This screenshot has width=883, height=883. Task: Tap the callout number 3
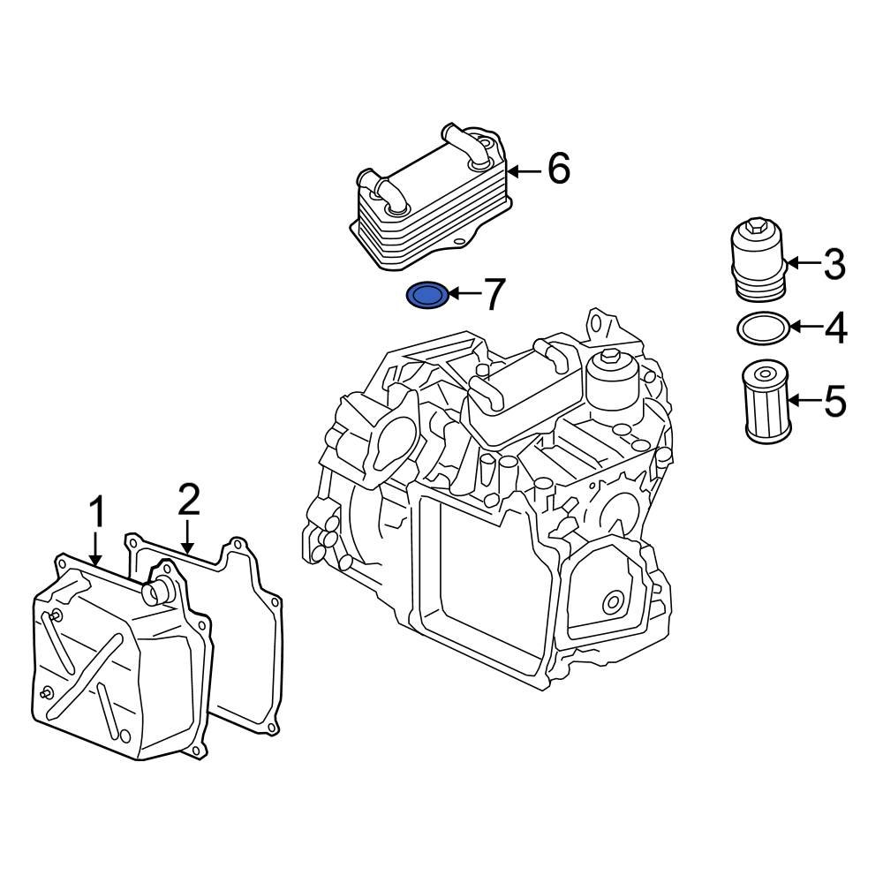click(x=834, y=264)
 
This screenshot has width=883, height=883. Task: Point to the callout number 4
click(x=835, y=328)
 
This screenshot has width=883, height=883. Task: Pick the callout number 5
click(x=834, y=402)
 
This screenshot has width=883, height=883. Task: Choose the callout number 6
click(x=558, y=170)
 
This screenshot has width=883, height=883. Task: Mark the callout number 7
click(x=492, y=294)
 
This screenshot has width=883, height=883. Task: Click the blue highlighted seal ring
click(x=427, y=296)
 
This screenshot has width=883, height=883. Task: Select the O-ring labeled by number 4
click(x=762, y=328)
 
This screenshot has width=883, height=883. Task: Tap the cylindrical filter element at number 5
click(x=764, y=402)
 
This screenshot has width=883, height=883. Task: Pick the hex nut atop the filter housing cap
click(x=754, y=232)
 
